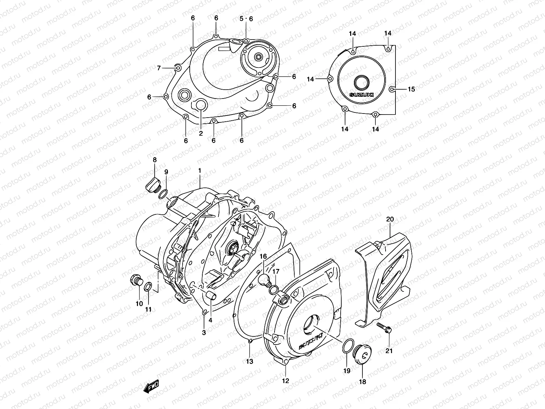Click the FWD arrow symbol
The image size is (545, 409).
pos(151,387)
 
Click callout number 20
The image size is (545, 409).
pos(390,219)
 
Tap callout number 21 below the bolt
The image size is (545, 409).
pos(389,351)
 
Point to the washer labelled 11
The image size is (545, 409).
pos(149,287)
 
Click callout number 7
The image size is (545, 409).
pos(159,68)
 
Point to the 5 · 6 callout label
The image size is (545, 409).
pos(246,19)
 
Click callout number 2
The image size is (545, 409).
pos(201,133)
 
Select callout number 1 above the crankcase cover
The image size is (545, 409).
pos(200,170)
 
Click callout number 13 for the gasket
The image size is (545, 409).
pos(250,362)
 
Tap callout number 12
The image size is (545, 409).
pos(285,381)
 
